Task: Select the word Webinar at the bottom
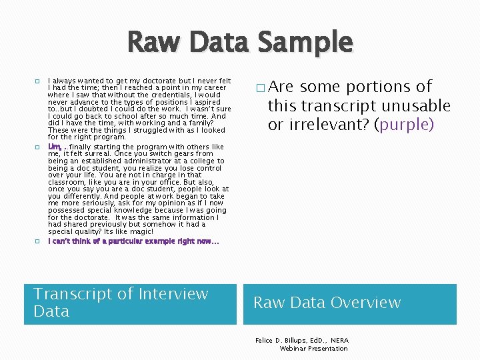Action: (x=295, y=348)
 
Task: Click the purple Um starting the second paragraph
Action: (x=53, y=147)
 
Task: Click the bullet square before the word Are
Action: (x=260, y=88)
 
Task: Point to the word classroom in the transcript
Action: (x=67, y=182)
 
